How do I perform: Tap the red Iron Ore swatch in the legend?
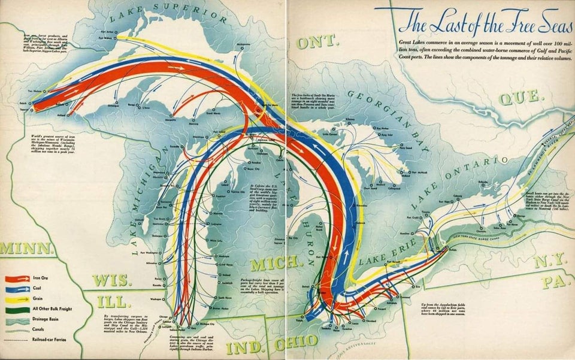(17, 279)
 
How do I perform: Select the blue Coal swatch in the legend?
(17, 289)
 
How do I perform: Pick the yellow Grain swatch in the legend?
(17, 299)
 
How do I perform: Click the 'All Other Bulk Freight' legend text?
(53, 309)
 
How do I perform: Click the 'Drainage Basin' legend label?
(47, 319)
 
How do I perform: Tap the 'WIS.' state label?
(111, 280)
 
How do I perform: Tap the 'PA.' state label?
(550, 282)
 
